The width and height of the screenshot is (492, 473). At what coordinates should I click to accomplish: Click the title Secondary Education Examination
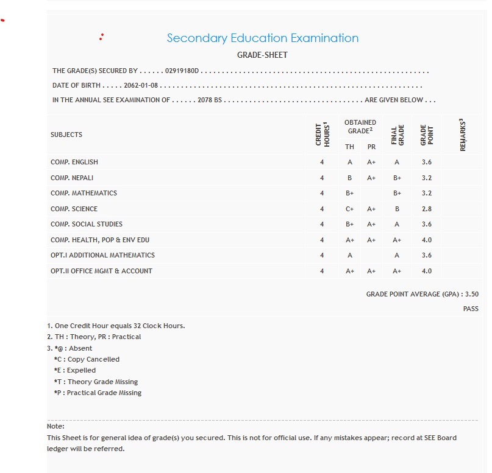click(262, 38)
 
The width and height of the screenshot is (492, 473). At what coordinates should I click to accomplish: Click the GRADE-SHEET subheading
click(262, 55)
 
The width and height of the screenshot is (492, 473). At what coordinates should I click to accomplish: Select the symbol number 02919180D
click(182, 71)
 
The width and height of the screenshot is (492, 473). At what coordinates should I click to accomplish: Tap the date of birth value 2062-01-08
click(140, 86)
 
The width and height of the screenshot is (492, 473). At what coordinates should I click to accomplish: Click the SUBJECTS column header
click(66, 135)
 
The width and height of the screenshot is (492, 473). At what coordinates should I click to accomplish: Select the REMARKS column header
click(463, 135)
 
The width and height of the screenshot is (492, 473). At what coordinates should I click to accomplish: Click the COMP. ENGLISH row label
click(74, 162)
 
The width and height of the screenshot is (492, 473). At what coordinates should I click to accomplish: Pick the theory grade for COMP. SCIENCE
click(350, 209)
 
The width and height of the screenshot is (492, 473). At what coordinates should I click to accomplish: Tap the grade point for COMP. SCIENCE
click(426, 209)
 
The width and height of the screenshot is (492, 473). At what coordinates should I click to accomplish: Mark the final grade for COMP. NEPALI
click(397, 178)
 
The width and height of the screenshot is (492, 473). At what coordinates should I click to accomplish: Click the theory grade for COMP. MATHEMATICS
click(350, 193)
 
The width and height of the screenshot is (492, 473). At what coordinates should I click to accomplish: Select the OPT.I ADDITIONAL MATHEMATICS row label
click(102, 255)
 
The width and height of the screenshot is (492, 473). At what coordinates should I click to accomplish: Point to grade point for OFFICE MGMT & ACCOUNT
click(426, 271)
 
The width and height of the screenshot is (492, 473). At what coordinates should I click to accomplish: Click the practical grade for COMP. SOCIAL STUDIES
click(371, 224)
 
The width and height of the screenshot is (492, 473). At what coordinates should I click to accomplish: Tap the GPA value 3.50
click(471, 294)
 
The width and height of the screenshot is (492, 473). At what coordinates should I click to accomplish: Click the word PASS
click(471, 309)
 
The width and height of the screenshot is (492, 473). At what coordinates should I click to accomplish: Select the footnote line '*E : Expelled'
click(74, 370)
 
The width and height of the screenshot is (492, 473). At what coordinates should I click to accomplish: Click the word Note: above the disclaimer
click(55, 426)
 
